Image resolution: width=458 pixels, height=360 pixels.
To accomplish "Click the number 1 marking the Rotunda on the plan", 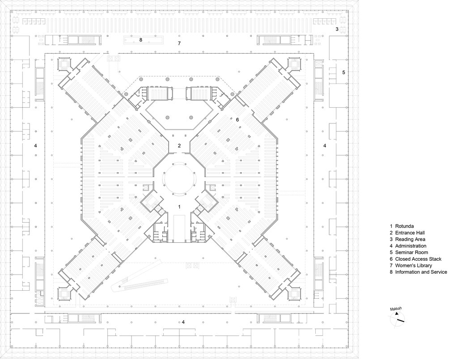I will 179,207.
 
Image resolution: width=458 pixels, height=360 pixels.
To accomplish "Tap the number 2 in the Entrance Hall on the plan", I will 179,145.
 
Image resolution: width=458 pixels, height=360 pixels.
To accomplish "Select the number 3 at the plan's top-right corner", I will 337,29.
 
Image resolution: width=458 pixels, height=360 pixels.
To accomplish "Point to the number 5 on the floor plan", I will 343,72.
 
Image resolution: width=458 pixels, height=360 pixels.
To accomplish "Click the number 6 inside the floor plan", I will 237,119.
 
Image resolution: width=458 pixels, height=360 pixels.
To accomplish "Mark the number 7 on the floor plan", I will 179,43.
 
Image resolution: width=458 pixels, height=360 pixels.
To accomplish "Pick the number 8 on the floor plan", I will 140,40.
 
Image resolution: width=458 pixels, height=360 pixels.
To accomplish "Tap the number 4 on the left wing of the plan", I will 35,146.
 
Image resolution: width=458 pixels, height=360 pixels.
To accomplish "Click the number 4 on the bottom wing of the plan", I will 183,322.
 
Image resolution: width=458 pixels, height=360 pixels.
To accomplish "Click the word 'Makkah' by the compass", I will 396,309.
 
